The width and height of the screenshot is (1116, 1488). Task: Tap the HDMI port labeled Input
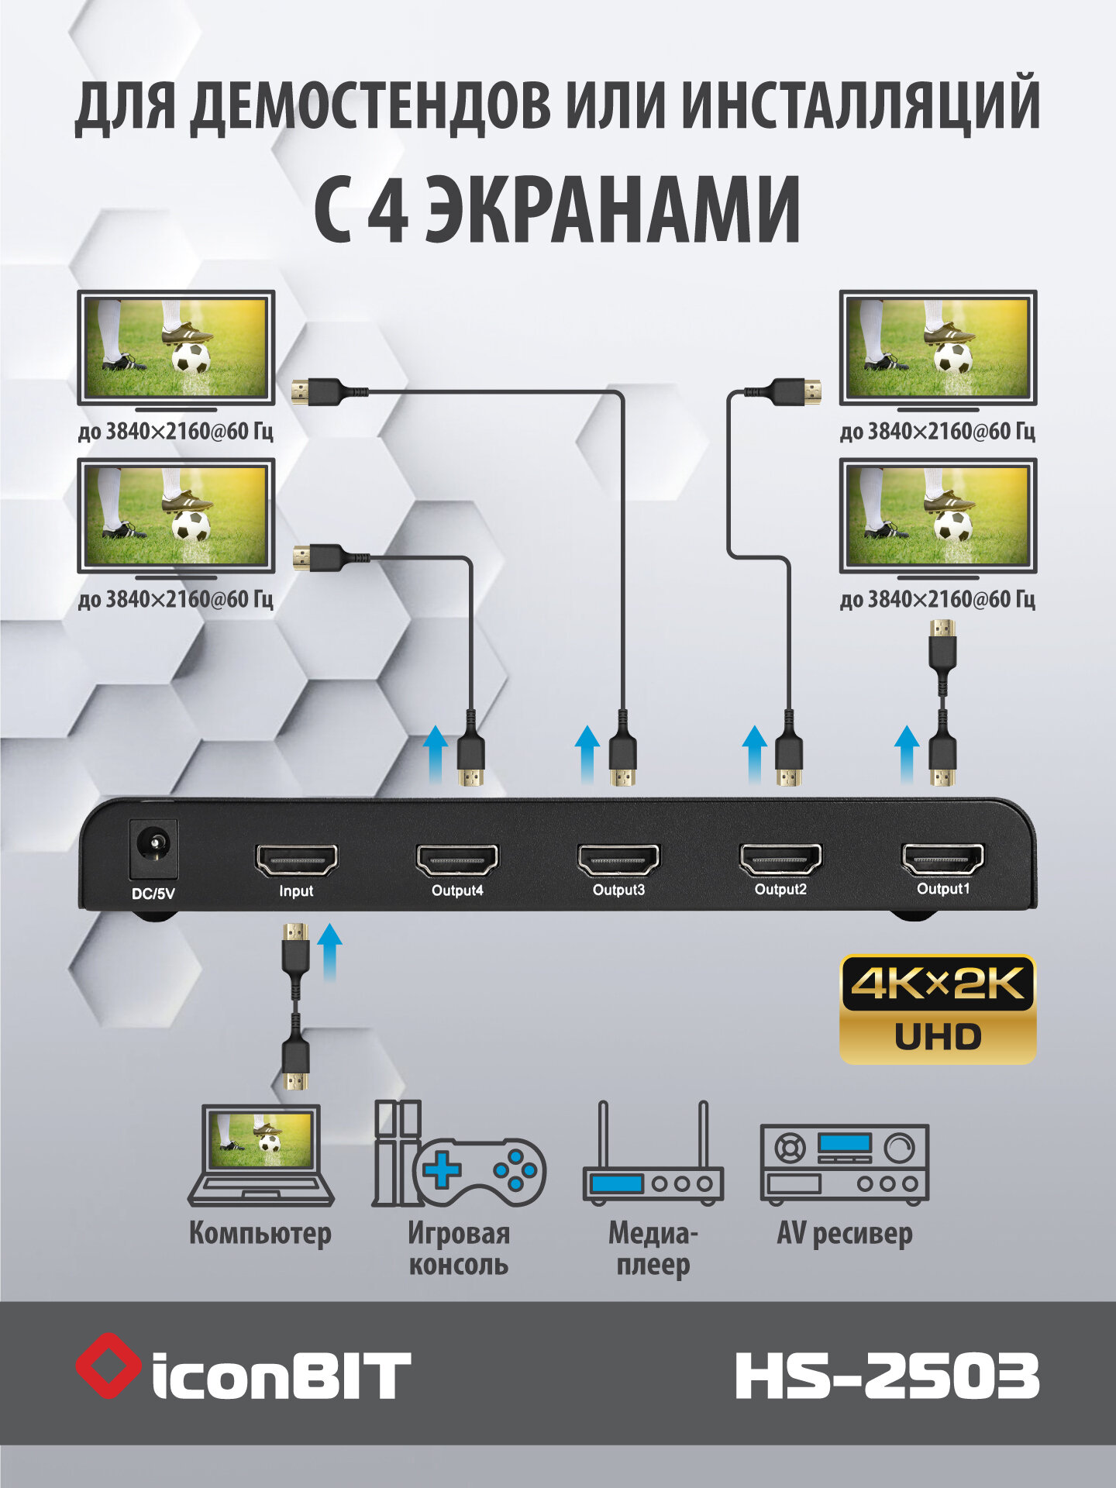coord(296,860)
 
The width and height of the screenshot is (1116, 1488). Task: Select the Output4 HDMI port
coord(457,860)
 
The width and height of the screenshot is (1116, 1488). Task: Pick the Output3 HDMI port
coord(618,859)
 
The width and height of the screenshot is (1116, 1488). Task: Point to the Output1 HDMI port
coord(942,858)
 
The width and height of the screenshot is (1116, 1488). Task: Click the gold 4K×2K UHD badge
coord(938,1009)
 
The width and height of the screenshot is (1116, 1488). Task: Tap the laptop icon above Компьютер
coord(261,1153)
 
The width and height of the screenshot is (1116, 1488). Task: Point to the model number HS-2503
coord(887,1376)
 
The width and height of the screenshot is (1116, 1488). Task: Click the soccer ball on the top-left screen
coord(191,358)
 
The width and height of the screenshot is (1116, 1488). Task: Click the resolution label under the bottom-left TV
coord(176,599)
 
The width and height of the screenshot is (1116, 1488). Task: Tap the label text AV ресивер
coord(844,1234)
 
